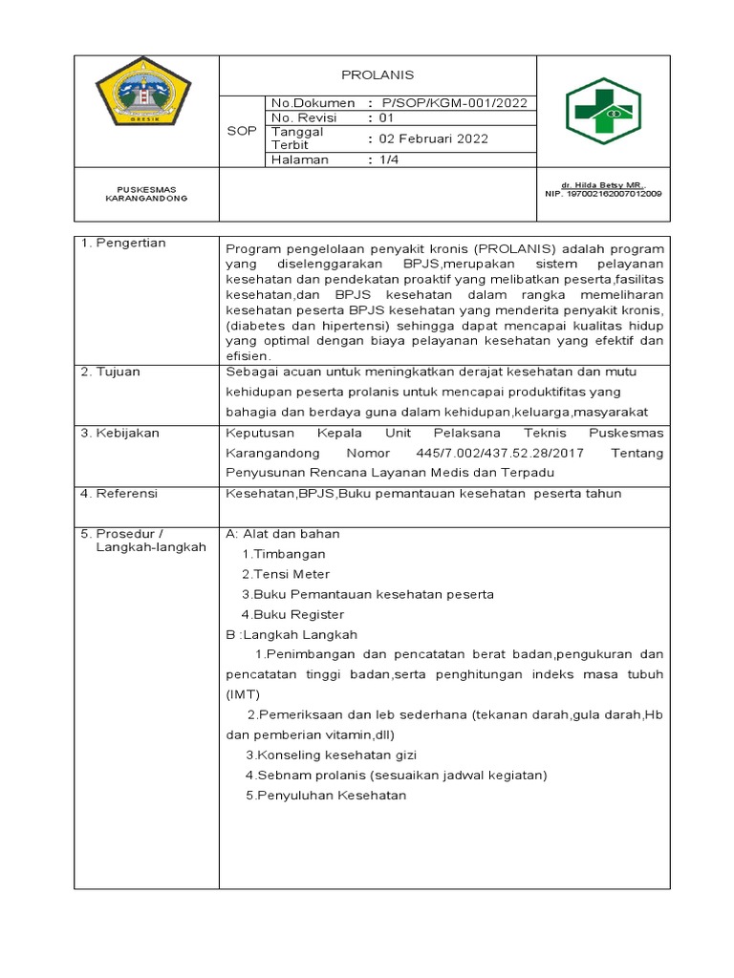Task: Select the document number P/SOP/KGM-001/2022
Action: click(x=454, y=103)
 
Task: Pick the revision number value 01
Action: click(x=386, y=118)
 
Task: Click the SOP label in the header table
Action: click(x=241, y=131)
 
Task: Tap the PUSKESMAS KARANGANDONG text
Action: click(x=146, y=194)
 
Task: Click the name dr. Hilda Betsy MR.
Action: click(x=602, y=184)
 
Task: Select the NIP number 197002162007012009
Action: click(x=602, y=194)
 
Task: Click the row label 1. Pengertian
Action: click(x=123, y=244)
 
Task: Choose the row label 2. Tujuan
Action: click(x=111, y=372)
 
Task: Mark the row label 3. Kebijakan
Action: click(x=120, y=433)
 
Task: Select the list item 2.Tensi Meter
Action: click(x=286, y=574)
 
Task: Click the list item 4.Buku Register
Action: click(x=292, y=615)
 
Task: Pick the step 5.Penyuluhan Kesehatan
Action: click(x=326, y=796)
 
